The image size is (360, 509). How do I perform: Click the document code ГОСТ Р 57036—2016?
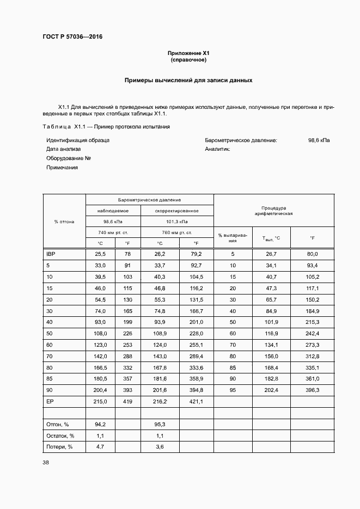(x=72, y=37)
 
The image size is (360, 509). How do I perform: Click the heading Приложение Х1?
(x=189, y=53)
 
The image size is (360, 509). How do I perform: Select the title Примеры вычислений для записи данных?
(x=188, y=80)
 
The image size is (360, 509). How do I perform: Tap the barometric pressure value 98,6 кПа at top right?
(x=319, y=140)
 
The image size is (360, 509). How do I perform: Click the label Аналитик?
(x=218, y=149)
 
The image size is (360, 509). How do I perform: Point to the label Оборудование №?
(x=68, y=158)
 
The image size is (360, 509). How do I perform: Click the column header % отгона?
(x=64, y=222)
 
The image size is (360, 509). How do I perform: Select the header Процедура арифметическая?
(x=273, y=211)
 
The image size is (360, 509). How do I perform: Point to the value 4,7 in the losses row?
(x=100, y=446)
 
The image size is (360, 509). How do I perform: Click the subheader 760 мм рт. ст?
(x=176, y=232)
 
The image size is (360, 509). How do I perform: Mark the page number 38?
(x=46, y=463)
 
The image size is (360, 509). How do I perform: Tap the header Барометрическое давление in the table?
(x=149, y=200)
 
